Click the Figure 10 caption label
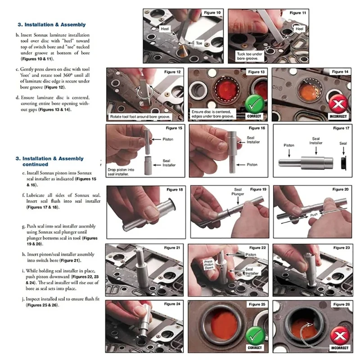212,13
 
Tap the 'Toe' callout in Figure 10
199,43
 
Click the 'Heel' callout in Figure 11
299,29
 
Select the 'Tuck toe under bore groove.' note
249,56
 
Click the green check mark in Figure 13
254,104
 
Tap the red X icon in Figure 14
338,104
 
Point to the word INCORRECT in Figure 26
340,348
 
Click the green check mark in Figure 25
254,335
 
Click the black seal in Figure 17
343,163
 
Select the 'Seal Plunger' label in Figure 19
238,192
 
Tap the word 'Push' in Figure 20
314,215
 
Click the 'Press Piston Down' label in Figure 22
209,265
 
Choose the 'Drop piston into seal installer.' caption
121,172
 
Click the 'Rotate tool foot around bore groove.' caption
140,117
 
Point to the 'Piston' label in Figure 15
168,139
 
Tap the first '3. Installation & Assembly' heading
52,25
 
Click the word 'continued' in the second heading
36,164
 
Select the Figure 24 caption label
172,304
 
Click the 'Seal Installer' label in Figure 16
253,140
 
